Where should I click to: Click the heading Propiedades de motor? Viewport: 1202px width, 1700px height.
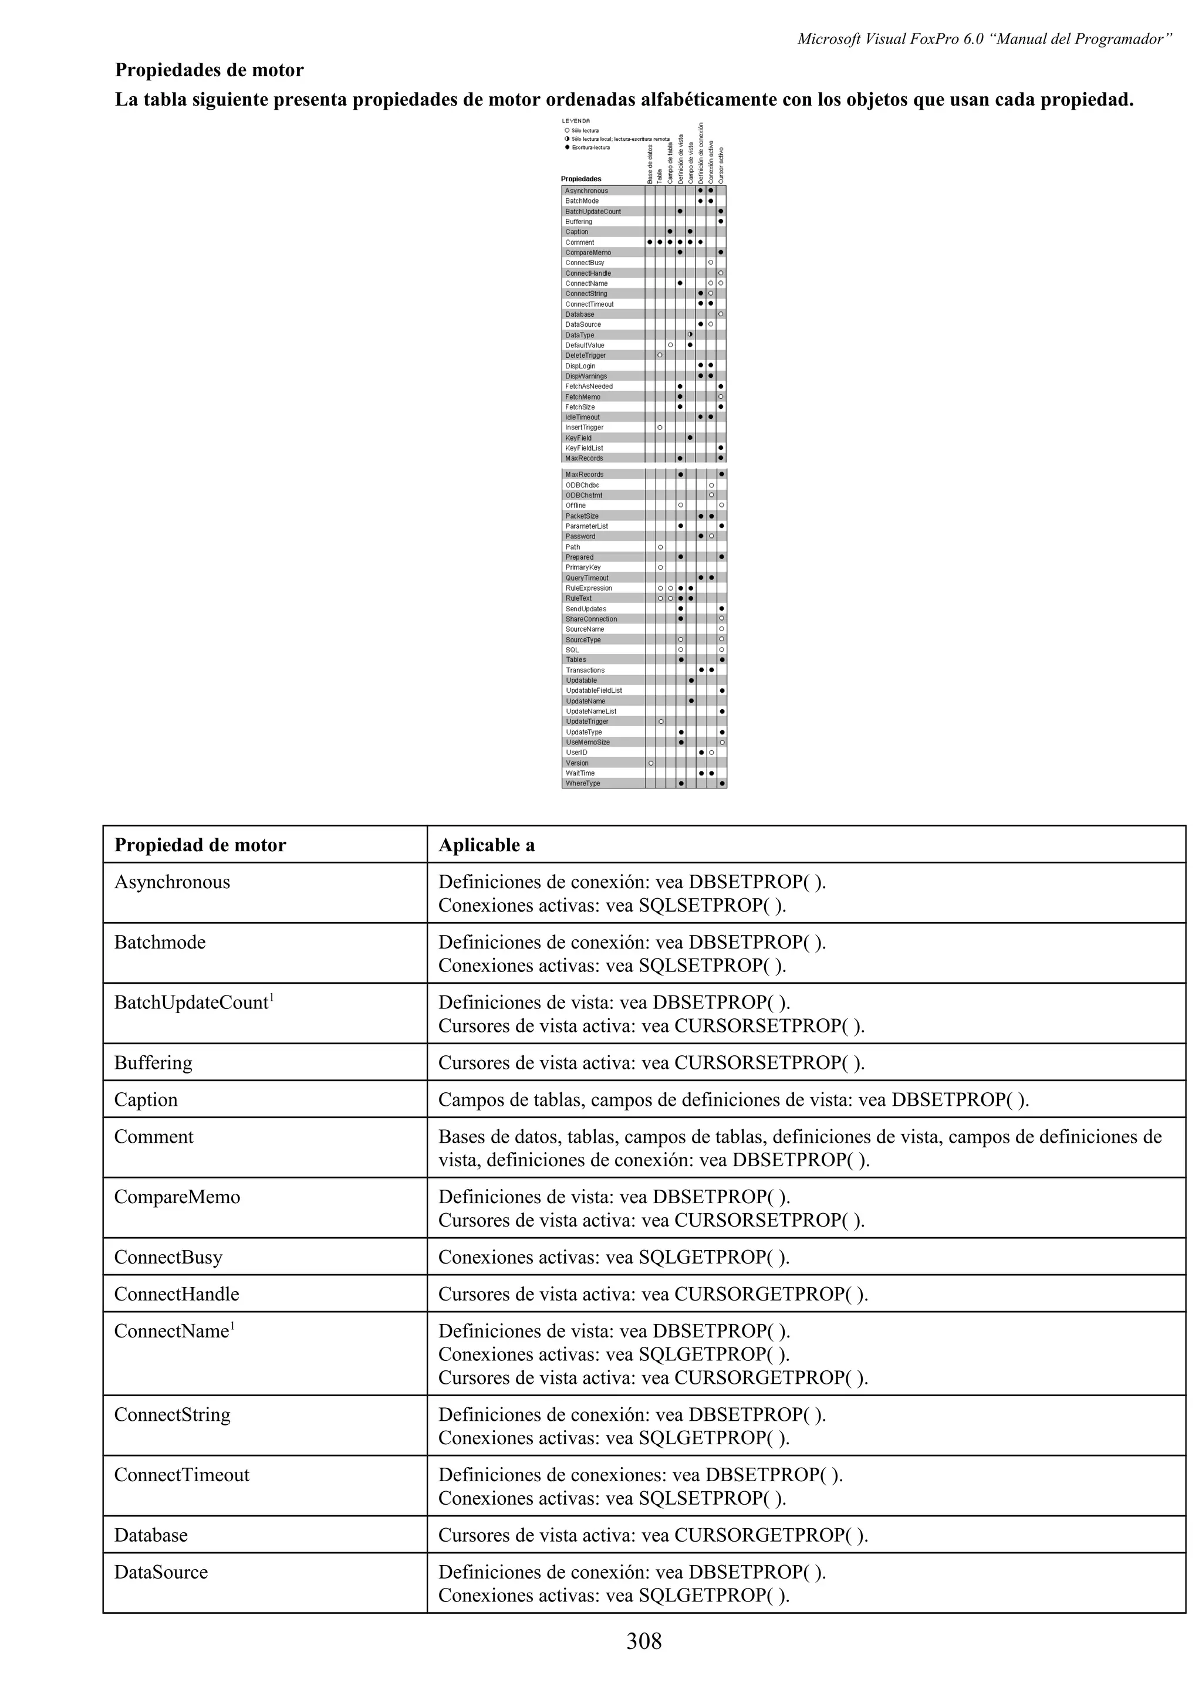click(x=209, y=70)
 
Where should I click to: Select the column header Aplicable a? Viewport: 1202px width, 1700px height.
click(x=486, y=845)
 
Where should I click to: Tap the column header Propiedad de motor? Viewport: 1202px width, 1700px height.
click(x=200, y=845)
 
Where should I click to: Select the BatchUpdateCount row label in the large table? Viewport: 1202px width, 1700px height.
click(x=191, y=1003)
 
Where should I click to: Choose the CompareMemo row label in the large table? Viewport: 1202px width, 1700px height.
click(x=177, y=1197)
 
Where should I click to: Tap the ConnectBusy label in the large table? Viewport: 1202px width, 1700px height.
click(x=168, y=1257)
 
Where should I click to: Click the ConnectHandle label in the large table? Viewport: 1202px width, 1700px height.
click(x=176, y=1294)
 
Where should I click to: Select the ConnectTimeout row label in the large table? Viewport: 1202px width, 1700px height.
click(x=181, y=1474)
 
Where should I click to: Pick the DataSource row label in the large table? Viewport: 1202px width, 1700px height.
click(x=161, y=1572)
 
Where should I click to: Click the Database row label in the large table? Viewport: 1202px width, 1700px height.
click(x=150, y=1535)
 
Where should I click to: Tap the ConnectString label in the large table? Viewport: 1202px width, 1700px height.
click(x=172, y=1414)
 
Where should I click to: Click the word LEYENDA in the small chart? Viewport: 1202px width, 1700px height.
click(x=575, y=121)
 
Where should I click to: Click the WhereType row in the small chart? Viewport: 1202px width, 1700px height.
click(x=583, y=783)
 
